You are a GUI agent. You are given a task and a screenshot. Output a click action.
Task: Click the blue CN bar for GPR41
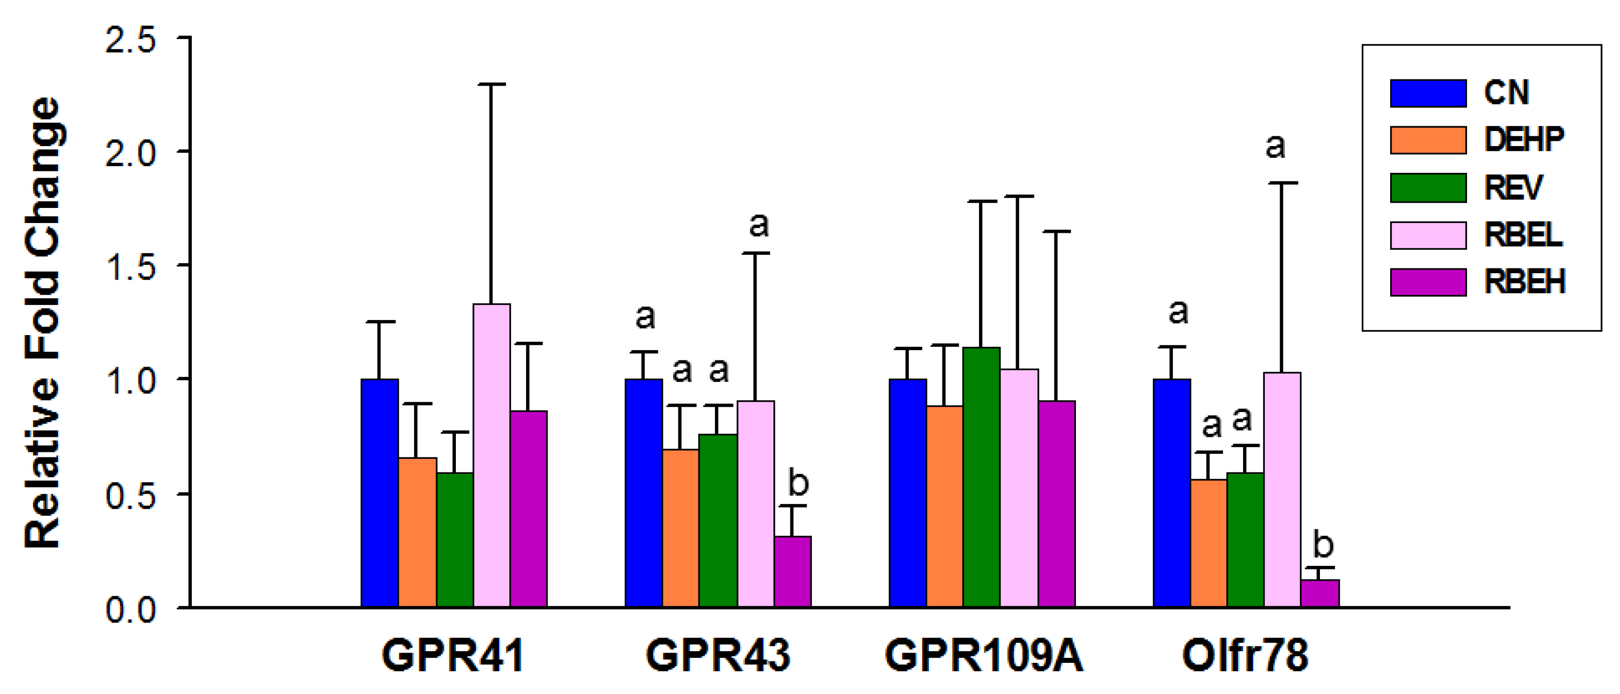[379, 493]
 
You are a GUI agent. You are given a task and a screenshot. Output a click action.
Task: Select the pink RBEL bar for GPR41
[491, 456]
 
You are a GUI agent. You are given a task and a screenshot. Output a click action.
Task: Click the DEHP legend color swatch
[1428, 140]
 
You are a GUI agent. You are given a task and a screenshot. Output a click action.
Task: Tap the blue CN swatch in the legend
[1428, 93]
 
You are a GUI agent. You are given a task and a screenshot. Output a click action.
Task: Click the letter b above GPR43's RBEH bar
[797, 482]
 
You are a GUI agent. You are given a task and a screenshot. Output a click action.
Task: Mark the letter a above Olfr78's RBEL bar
[1275, 147]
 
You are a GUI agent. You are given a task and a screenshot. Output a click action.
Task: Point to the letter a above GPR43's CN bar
[644, 316]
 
